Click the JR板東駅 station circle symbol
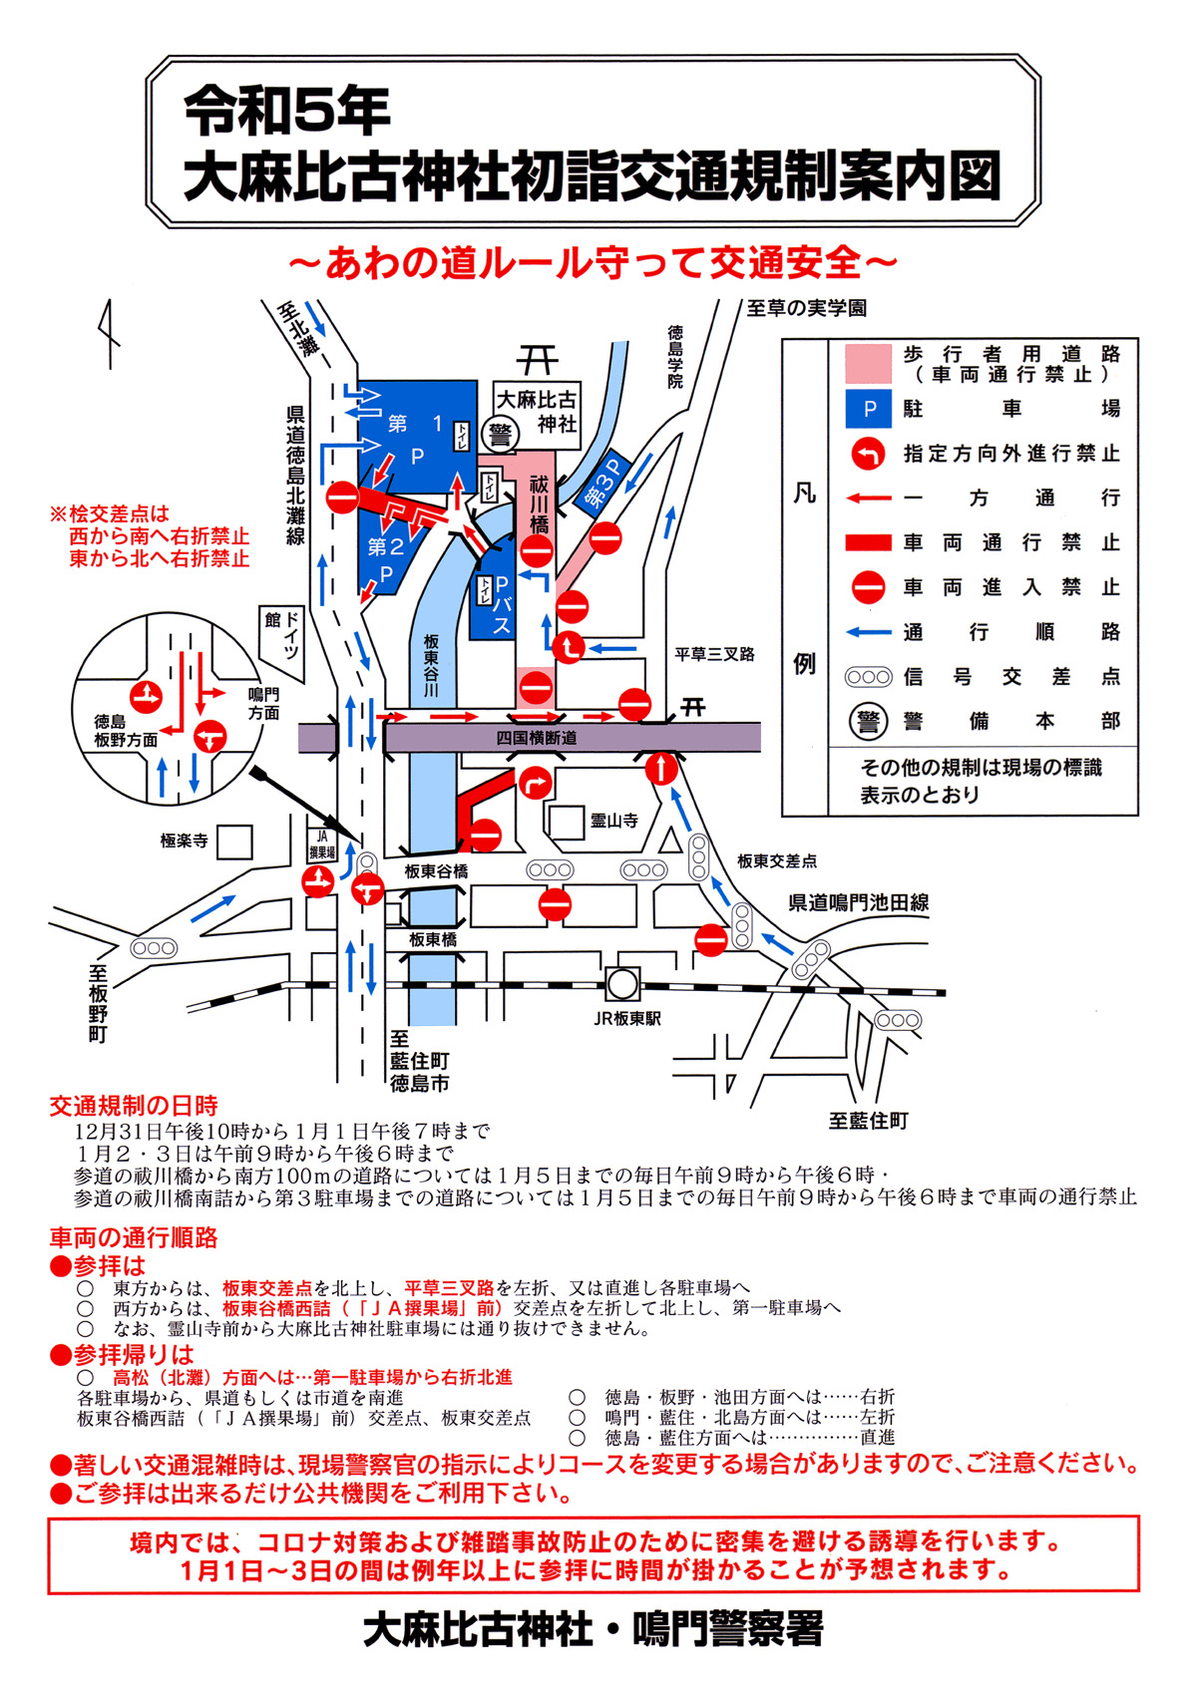pos(621,984)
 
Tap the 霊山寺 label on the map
pos(613,821)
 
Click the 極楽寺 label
pos(184,841)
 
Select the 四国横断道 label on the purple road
pos(536,737)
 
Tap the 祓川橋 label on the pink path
pos(538,504)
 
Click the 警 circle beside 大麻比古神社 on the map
pos(501,436)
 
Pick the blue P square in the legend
pos(869,409)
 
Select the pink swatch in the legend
pos(869,364)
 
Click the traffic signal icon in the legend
pos(869,676)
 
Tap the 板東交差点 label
pos(777,861)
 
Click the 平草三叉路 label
pos(715,654)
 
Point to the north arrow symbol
pos(110,334)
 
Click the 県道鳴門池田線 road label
pos(858,902)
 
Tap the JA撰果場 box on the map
pos(322,844)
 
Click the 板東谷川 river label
pos(431,665)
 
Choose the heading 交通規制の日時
pos(134,1106)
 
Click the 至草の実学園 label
pos(806,308)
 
